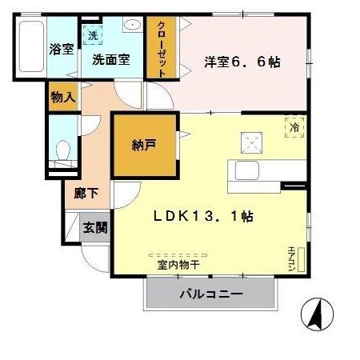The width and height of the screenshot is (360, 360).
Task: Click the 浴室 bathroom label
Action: coord(62,49)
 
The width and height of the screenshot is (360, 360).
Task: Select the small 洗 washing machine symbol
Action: coord(93,36)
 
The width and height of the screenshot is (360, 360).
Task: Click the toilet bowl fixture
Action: coord(63,150)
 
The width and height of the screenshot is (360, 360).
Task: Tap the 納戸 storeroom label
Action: coord(144,146)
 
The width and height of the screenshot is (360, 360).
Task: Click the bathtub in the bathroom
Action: coord(30,47)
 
